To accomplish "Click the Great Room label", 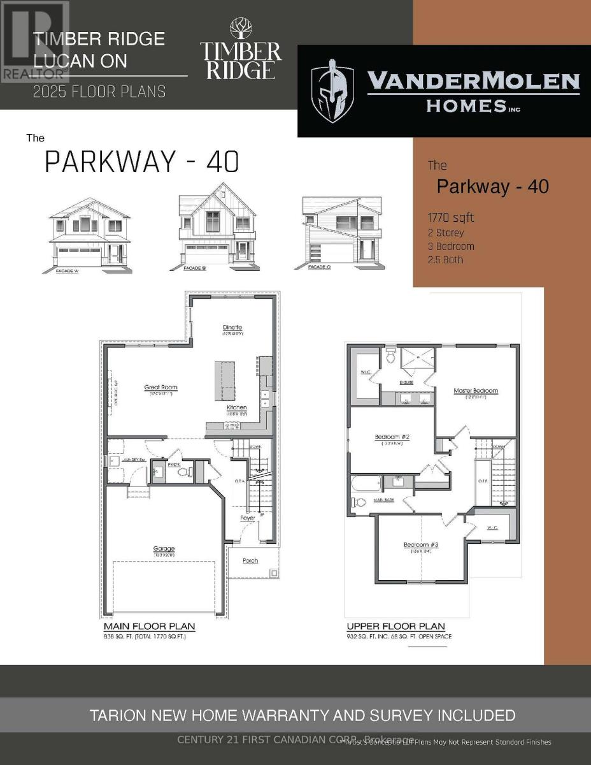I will (x=160, y=387).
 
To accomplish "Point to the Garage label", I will (x=164, y=548).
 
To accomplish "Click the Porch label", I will (x=250, y=561).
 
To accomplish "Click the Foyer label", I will (x=247, y=518).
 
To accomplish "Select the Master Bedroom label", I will (x=476, y=391).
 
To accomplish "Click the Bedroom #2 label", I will (x=391, y=437).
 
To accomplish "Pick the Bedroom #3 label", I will (x=421, y=544).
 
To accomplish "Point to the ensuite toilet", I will (x=390, y=358).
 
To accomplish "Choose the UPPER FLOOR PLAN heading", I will (x=395, y=627).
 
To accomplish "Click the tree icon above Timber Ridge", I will (x=241, y=29).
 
